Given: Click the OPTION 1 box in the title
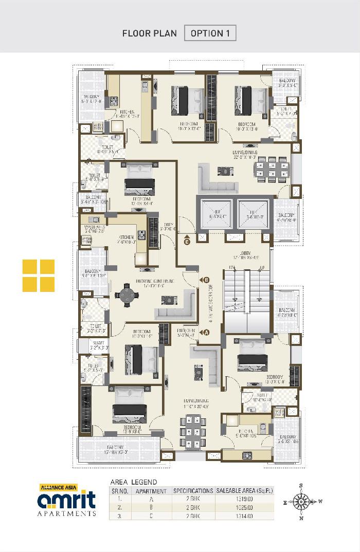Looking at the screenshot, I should click(x=210, y=33).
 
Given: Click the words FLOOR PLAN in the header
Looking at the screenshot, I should click(x=149, y=33).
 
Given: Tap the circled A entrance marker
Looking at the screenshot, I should click(x=207, y=332).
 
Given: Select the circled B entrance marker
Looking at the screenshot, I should click(x=207, y=280).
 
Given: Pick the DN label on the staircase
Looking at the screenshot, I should click(x=232, y=267).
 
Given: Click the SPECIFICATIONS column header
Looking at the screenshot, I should click(x=193, y=491).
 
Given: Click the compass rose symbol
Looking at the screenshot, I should click(x=301, y=501).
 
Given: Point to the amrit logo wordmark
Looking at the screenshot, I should click(x=66, y=501).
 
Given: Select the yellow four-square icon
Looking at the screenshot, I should click(x=39, y=275).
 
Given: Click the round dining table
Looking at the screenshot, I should click(x=127, y=297).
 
